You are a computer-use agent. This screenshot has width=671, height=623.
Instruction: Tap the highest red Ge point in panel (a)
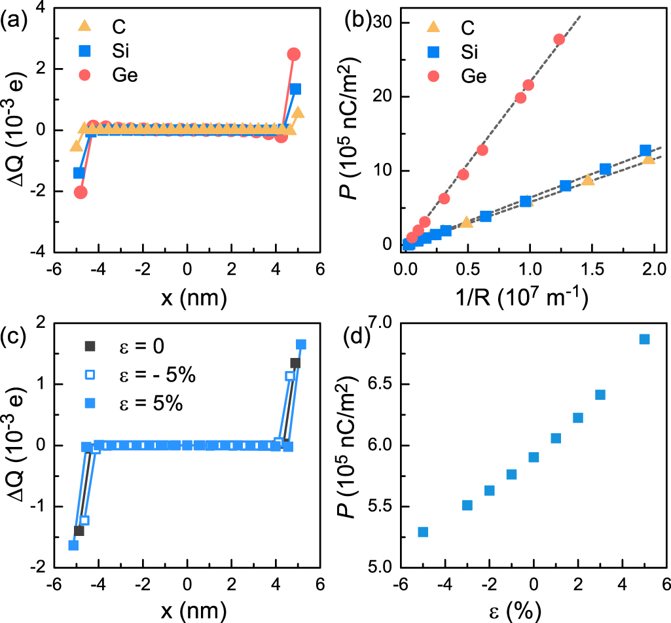click(294, 54)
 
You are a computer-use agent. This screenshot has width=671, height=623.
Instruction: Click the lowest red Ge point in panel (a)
click(81, 192)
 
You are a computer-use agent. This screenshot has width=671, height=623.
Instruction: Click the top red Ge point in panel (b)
click(559, 39)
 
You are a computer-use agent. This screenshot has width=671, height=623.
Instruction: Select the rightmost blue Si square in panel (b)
click(645, 151)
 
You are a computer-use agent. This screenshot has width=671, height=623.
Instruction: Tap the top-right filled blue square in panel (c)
click(301, 344)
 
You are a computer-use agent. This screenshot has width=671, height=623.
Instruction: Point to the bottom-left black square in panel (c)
click(79, 531)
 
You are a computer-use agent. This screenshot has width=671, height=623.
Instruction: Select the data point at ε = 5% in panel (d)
click(644, 339)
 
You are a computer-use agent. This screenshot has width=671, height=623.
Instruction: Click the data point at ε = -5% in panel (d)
click(423, 532)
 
